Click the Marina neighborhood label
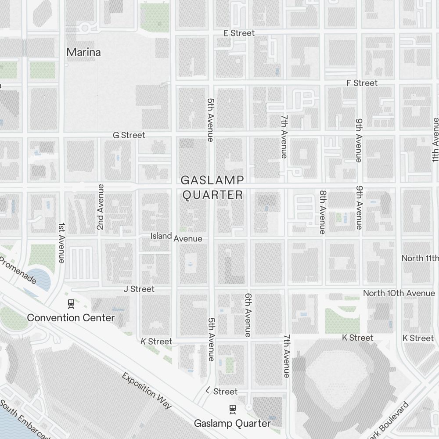83,52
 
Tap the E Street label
239,33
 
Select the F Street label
362,83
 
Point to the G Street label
129,135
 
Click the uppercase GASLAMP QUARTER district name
212,187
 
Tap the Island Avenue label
176,237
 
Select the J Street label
139,289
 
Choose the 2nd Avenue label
101,207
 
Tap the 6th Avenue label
248,315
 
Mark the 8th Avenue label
323,212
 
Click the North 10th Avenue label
399,293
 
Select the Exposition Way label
147,390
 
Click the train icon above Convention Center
71,303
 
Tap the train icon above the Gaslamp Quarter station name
232,409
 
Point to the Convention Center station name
71,317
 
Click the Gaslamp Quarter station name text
232,424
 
